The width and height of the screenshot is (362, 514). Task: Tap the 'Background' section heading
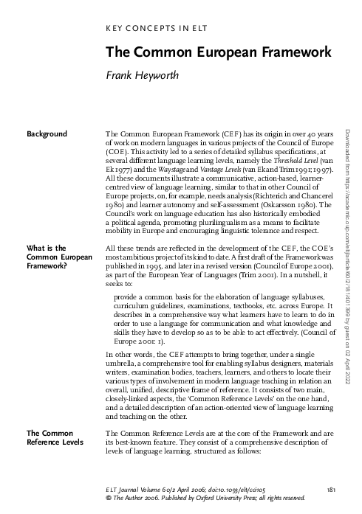coord(47,133)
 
